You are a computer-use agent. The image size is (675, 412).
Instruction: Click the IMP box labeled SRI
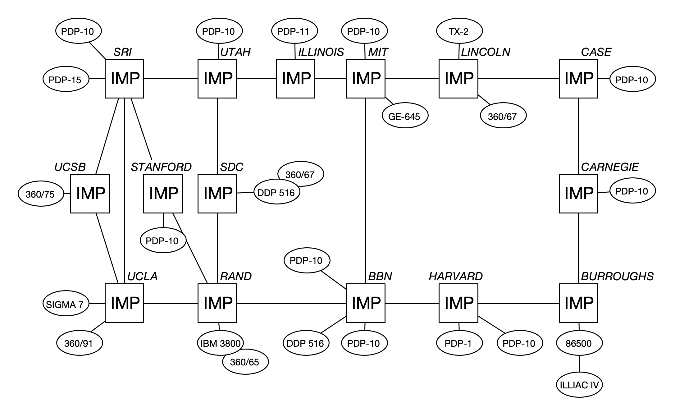124,79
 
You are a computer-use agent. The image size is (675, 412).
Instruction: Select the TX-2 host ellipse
459,31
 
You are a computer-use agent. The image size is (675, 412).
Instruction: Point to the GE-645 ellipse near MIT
404,116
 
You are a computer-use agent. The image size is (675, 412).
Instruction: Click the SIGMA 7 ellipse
66,304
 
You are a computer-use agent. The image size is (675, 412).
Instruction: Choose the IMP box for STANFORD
163,193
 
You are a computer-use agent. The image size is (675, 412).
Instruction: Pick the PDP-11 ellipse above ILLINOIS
294,31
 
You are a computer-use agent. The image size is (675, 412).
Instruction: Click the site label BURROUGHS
617,276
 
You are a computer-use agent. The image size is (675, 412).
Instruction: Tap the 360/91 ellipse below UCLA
79,343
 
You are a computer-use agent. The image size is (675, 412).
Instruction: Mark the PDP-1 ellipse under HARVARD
459,343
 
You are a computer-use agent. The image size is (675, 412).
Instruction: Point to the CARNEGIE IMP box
578,193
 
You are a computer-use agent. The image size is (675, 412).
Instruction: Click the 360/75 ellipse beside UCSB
40,194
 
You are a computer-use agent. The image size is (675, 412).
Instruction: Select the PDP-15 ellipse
66,79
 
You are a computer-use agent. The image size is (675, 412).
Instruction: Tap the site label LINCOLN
486,52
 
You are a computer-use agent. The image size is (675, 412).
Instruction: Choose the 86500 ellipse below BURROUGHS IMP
579,343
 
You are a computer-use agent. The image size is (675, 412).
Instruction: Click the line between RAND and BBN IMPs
291,303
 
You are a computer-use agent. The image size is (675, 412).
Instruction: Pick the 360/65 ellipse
245,362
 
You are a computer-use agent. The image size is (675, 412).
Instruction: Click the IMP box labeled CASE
578,79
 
